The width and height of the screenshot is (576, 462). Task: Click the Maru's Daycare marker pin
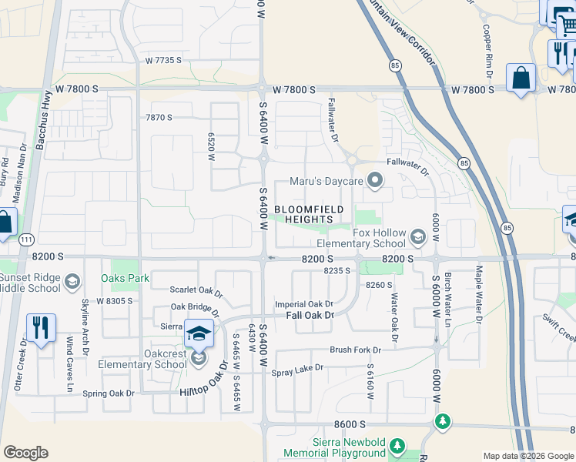pyautogui.click(x=376, y=182)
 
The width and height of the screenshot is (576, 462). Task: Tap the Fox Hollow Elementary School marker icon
pyautogui.click(x=418, y=236)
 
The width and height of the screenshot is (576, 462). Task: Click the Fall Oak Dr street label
pyautogui.click(x=310, y=315)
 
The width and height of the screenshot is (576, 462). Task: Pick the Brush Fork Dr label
pyautogui.click(x=357, y=350)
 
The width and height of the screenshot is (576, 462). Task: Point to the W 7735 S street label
pyautogui.click(x=163, y=60)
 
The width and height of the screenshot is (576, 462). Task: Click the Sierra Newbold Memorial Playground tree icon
pyautogui.click(x=397, y=447)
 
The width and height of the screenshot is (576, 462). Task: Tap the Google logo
pyautogui.click(x=25, y=453)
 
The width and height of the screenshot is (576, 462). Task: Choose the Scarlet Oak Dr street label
pyautogui.click(x=196, y=293)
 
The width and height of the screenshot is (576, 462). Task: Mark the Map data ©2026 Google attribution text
pyautogui.click(x=527, y=456)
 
